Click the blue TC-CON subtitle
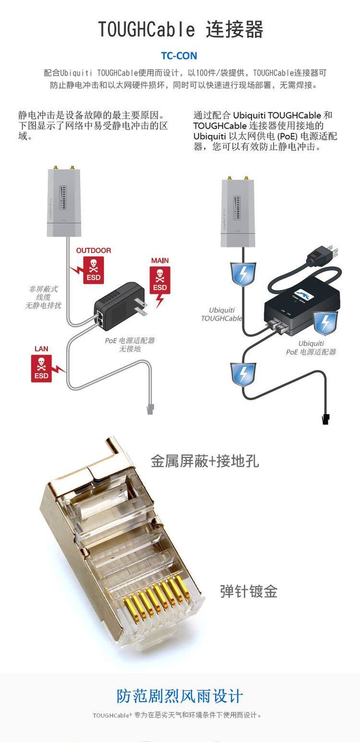179,56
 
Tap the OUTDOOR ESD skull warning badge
93,269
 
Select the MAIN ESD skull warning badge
160,281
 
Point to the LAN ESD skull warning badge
41,368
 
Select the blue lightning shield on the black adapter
325,323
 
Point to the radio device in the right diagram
238,213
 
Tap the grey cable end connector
150,408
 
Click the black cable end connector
326,419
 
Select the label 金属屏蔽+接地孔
204,461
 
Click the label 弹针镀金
249,591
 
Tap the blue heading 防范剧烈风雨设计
180,696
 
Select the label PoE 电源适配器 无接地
130,345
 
